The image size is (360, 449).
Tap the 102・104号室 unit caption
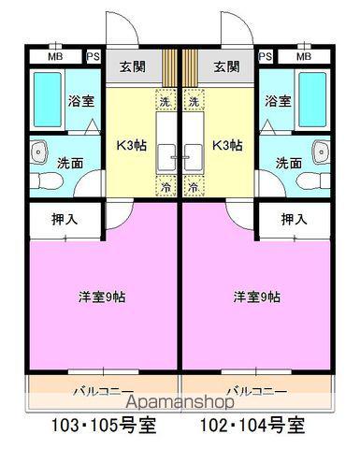252,424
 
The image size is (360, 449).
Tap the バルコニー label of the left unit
102,387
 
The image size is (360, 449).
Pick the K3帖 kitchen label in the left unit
130,145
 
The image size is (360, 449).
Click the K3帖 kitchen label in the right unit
227,145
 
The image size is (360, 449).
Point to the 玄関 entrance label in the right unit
225,66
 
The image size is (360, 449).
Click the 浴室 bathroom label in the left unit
80,100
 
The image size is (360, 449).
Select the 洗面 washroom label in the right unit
287,162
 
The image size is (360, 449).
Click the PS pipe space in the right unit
266,56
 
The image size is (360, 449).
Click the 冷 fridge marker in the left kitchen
166,186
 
